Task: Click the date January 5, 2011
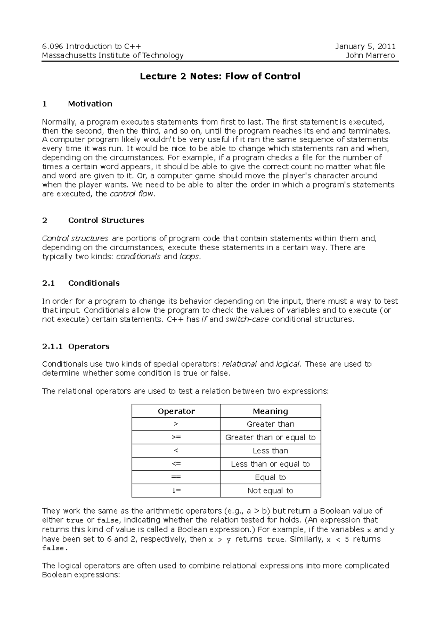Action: tap(365, 47)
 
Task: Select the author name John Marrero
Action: tap(370, 55)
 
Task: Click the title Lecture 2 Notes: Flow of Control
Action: tap(220, 76)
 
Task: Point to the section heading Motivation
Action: tap(90, 104)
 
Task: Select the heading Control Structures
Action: tap(106, 220)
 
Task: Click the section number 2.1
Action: tap(48, 283)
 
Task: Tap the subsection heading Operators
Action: tap(89, 346)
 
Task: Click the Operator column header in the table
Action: tap(176, 411)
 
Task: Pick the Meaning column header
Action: tap(270, 411)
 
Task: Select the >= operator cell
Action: tap(176, 437)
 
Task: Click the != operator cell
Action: tap(176, 490)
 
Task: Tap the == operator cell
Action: tap(176, 477)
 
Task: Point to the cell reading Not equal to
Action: tap(270, 490)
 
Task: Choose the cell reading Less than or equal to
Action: tap(270, 464)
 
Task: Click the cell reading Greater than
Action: tap(270, 424)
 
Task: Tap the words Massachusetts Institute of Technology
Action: tap(113, 55)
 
